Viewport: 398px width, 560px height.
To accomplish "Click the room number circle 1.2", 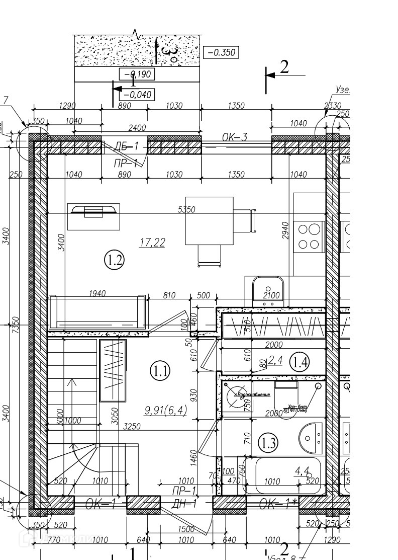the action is click(x=114, y=260).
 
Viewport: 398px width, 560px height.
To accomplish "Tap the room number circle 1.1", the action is click(x=161, y=371).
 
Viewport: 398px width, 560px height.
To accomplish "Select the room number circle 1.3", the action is click(x=268, y=443).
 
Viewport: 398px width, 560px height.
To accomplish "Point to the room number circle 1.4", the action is click(x=302, y=361).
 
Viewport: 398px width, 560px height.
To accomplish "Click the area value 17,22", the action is click(x=152, y=243).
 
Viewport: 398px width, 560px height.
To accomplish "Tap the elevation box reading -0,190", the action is click(x=136, y=74).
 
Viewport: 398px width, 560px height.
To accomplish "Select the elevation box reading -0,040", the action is click(x=137, y=94).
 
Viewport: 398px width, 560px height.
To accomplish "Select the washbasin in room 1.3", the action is click(x=311, y=436).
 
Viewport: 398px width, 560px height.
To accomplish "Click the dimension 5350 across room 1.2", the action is click(x=186, y=209).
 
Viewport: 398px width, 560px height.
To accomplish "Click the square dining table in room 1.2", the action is click(x=209, y=220).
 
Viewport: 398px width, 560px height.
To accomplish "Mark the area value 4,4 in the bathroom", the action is click(x=302, y=471).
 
